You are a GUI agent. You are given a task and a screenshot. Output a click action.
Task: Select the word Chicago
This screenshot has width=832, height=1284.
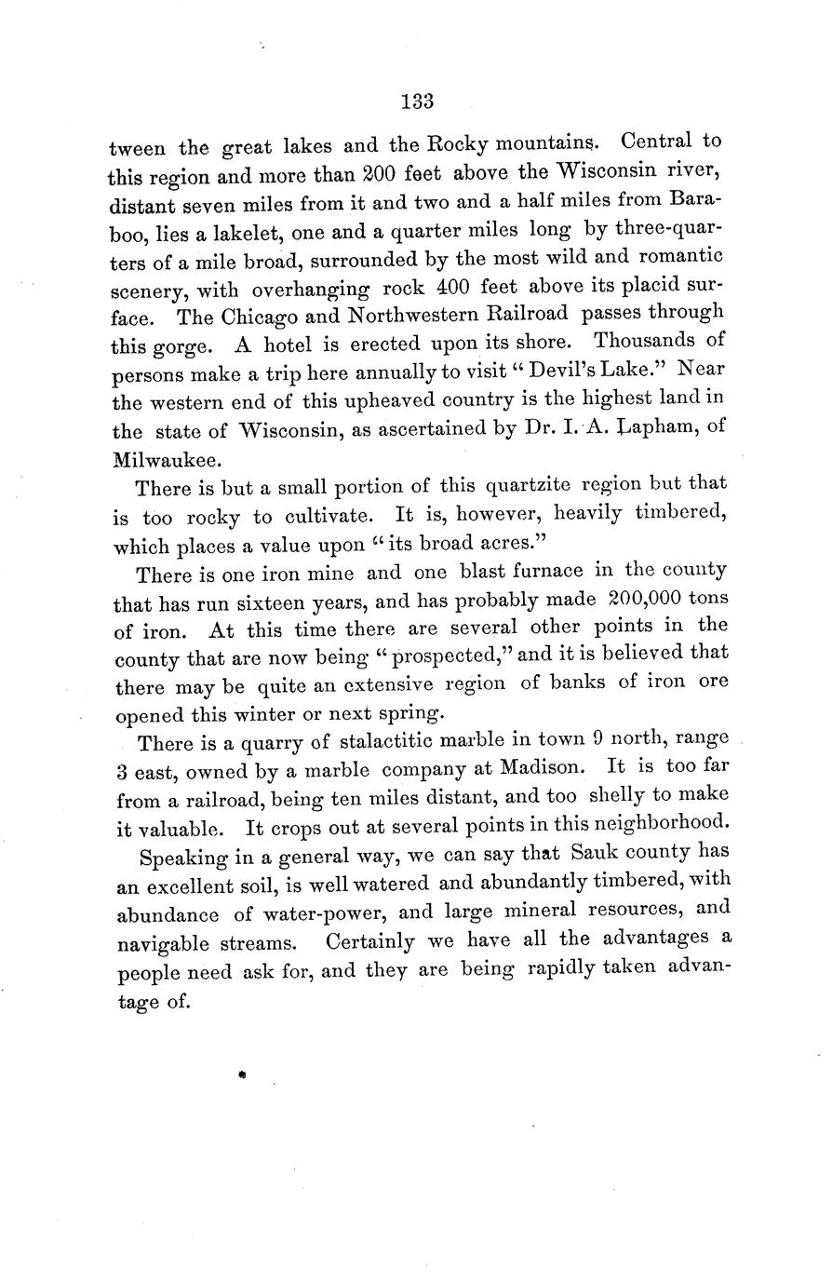[263, 315]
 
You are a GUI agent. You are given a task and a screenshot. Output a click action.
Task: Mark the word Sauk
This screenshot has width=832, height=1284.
[604, 853]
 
